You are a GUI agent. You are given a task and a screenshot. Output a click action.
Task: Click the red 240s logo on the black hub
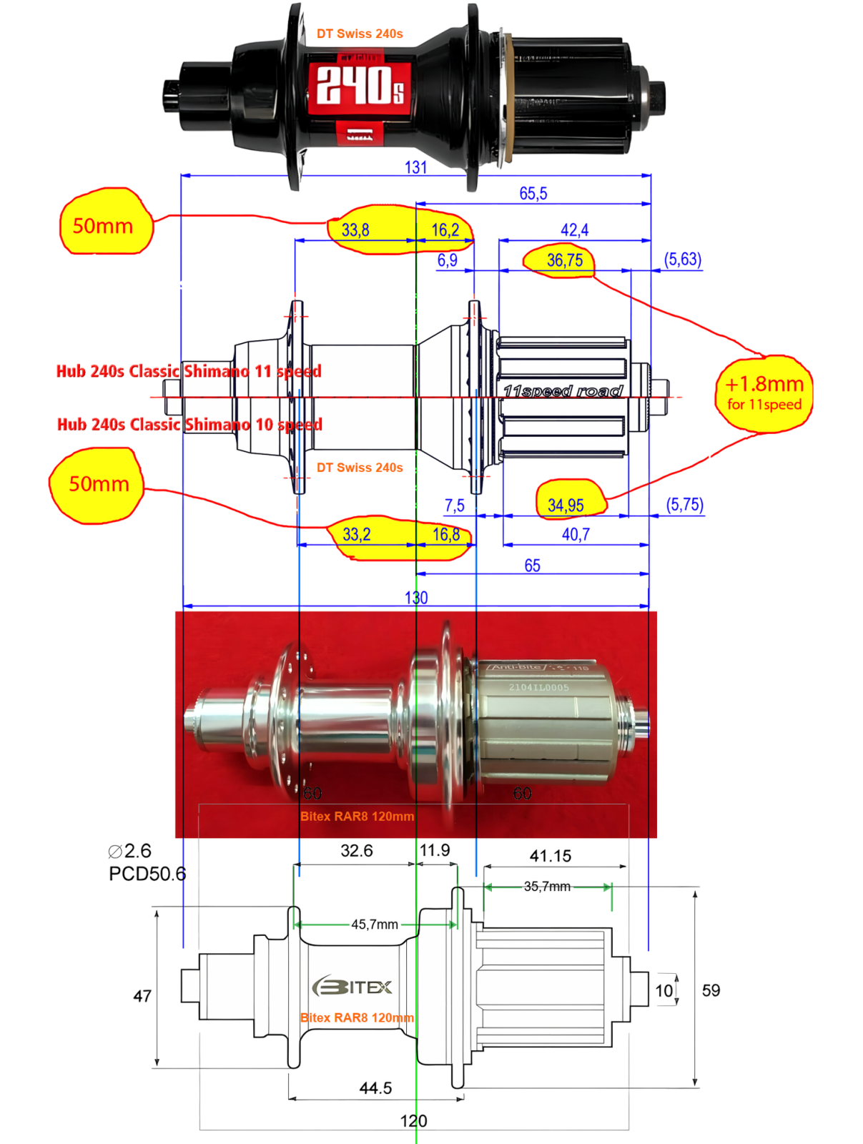pyautogui.click(x=360, y=85)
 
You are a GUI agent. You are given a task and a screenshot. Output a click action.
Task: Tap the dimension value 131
pyautogui.click(x=415, y=167)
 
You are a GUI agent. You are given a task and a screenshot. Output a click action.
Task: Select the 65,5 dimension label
pyautogui.click(x=533, y=194)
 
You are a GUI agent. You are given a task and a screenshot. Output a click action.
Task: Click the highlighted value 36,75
pyautogui.click(x=564, y=260)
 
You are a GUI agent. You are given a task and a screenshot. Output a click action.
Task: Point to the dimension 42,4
pyautogui.click(x=574, y=230)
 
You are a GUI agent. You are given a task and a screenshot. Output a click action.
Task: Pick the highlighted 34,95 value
pyautogui.click(x=566, y=506)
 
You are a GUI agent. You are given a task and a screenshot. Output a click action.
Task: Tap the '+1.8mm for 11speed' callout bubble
pyautogui.click(x=764, y=393)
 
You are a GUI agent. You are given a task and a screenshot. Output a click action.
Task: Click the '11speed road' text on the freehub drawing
pyautogui.click(x=563, y=391)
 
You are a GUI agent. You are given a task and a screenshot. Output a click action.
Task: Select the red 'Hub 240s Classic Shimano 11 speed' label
pyautogui.click(x=189, y=371)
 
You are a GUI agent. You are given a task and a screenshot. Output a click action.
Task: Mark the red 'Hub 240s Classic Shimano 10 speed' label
pyautogui.click(x=189, y=425)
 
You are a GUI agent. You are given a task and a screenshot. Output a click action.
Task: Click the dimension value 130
pyautogui.click(x=416, y=598)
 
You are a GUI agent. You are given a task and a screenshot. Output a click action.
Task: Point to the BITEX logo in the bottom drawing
pyautogui.click(x=352, y=987)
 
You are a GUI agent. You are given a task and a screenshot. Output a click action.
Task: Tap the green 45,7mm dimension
pyautogui.click(x=375, y=924)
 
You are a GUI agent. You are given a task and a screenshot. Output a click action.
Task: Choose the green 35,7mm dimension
pyautogui.click(x=547, y=887)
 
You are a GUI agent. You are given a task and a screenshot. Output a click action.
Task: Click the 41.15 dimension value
pyautogui.click(x=550, y=856)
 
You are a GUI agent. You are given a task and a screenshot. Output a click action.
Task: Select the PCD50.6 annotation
pyautogui.click(x=147, y=874)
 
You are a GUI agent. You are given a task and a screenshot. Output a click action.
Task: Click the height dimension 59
pyautogui.click(x=711, y=990)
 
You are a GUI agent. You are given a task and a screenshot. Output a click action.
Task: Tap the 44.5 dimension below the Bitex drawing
pyautogui.click(x=375, y=1088)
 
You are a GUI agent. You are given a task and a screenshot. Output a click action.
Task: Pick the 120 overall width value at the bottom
pyautogui.click(x=413, y=1121)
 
